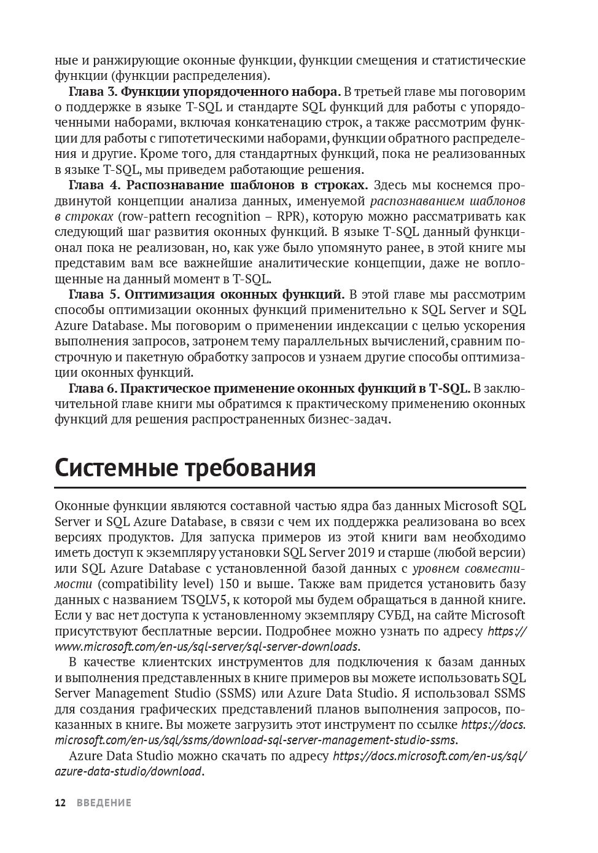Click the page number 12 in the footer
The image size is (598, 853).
click(60, 803)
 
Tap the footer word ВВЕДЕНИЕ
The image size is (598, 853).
click(104, 803)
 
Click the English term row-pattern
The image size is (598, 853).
click(161, 216)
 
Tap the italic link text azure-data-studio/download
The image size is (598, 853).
click(128, 771)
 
